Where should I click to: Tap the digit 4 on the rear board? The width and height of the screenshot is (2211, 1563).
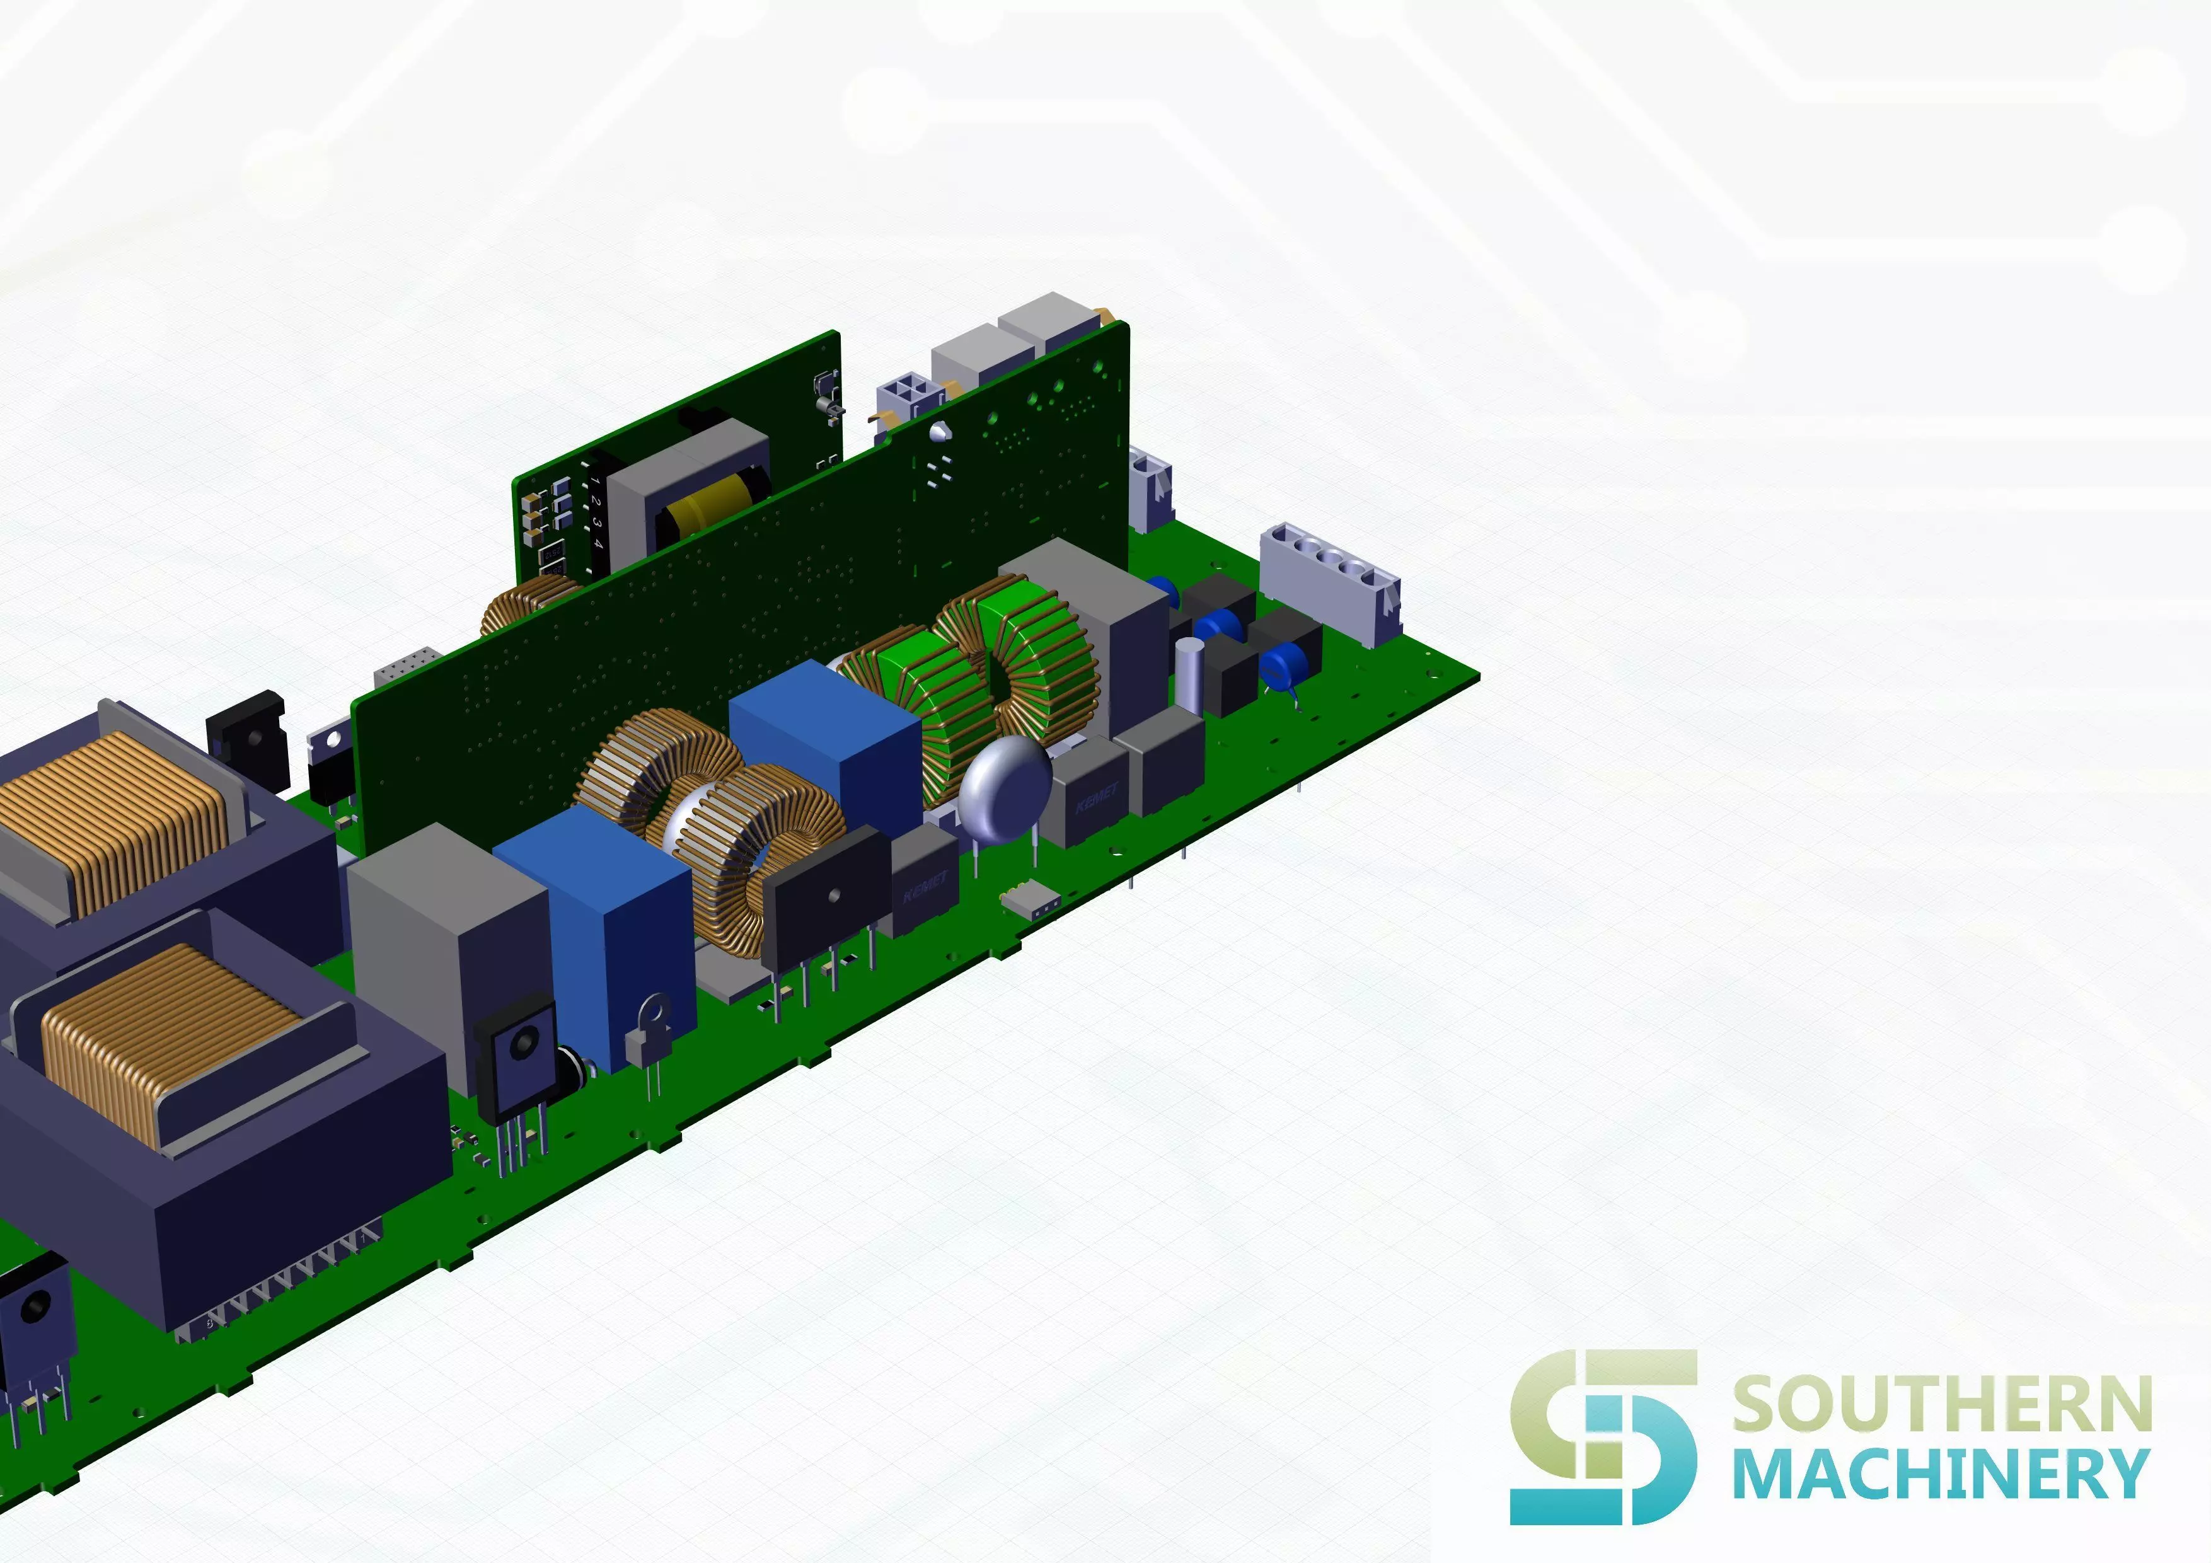(598, 543)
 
